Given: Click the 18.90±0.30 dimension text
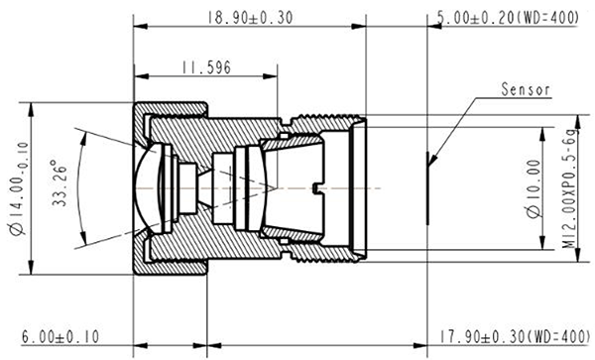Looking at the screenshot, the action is (x=250, y=18).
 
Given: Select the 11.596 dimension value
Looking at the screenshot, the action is (x=206, y=67).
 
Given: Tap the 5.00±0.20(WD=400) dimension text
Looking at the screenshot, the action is (x=509, y=18).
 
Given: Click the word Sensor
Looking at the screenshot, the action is (x=526, y=89).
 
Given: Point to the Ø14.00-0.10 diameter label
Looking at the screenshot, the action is (x=19, y=188).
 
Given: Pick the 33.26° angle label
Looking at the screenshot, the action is (x=59, y=183).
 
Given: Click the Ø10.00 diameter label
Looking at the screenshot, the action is (x=534, y=188).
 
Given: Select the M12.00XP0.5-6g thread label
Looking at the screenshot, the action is (x=569, y=188).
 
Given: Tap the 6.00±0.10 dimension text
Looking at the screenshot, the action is (x=60, y=336).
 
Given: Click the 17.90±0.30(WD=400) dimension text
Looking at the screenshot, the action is (x=515, y=336).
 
